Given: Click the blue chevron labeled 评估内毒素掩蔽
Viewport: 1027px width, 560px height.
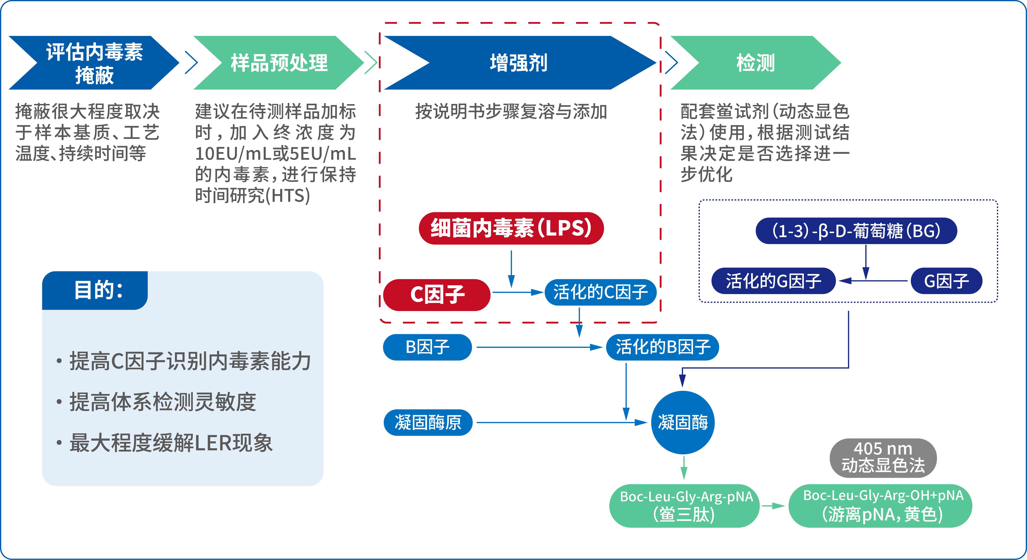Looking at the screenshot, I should click(x=94, y=63).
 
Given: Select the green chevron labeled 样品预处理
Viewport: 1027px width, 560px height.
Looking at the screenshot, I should click(x=279, y=63).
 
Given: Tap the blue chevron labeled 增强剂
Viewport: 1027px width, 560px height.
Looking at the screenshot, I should click(x=518, y=63).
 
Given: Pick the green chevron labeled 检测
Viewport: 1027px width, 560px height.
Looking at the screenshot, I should click(x=755, y=63).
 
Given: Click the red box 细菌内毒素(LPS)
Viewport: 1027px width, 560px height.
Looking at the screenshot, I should click(x=511, y=228).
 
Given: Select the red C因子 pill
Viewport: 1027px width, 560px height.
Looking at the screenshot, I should click(x=437, y=295).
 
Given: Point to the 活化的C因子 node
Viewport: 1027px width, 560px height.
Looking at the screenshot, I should click(x=600, y=292).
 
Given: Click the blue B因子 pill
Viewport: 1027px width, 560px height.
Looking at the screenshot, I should click(x=427, y=347).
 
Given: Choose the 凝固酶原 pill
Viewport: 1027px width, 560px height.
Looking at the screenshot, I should click(x=428, y=422).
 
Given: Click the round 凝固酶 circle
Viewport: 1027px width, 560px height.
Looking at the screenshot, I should click(x=683, y=422).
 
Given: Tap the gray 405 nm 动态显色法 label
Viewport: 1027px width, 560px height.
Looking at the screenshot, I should click(x=883, y=458).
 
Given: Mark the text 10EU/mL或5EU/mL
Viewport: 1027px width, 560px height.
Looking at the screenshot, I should click(x=275, y=154).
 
